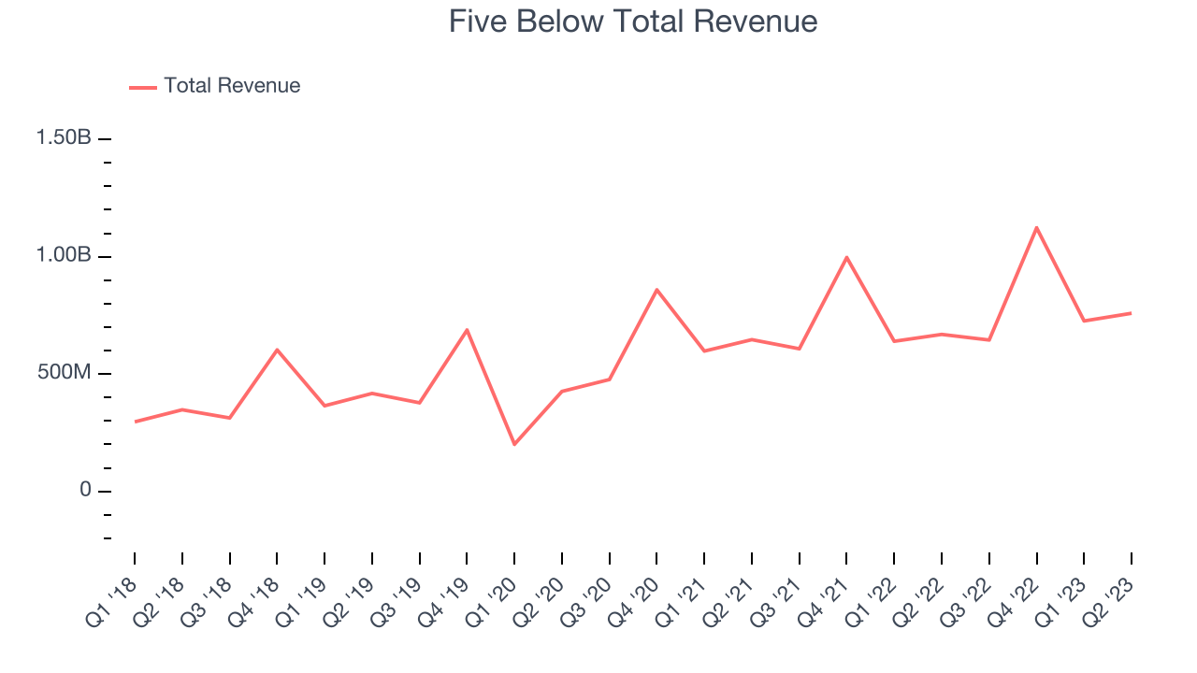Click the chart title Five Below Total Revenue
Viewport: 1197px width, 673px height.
click(633, 21)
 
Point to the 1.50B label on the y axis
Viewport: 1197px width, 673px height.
click(64, 138)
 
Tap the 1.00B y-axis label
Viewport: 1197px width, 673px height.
click(64, 256)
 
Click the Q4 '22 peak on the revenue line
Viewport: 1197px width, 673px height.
click(1036, 227)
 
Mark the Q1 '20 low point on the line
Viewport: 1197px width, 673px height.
click(514, 444)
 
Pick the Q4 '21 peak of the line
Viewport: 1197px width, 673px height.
click(846, 257)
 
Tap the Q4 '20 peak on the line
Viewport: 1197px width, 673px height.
click(656, 290)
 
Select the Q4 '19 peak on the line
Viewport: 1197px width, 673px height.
click(467, 330)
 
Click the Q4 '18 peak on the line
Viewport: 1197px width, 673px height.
click(277, 350)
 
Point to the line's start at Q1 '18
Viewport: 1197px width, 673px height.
click(135, 422)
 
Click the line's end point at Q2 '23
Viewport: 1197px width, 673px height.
click(1132, 313)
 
